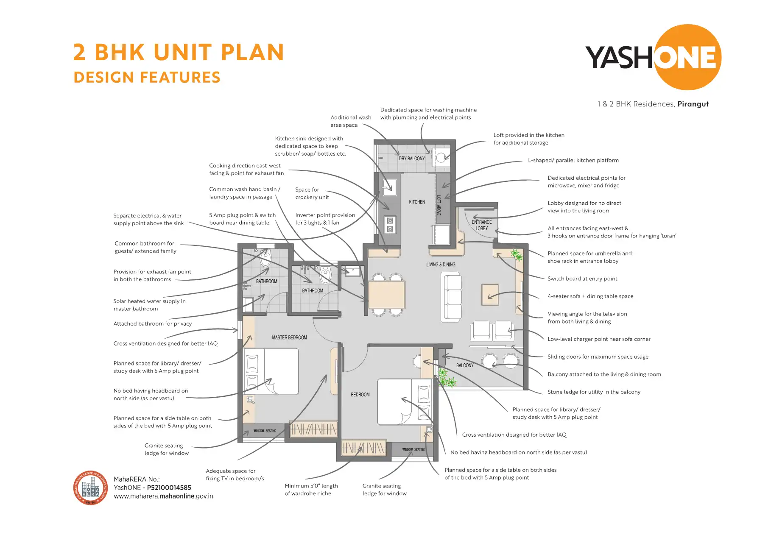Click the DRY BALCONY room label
point(411,159)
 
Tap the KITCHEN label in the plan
point(417,202)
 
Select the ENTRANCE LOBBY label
point(482,225)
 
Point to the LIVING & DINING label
point(441,265)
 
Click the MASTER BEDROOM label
point(289,338)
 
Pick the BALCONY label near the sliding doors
point(465,365)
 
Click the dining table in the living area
point(386,295)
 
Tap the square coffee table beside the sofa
point(490,295)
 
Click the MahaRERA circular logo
point(90,488)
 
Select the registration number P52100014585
point(169,488)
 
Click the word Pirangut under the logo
point(693,104)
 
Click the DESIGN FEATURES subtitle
point(147,78)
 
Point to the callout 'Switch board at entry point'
point(582,279)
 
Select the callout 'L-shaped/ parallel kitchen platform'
point(573,161)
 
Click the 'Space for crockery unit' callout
point(312,194)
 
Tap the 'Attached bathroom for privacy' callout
point(152,324)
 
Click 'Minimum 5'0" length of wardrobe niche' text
point(311,490)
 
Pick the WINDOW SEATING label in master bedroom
point(265,431)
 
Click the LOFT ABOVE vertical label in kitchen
point(439,205)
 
